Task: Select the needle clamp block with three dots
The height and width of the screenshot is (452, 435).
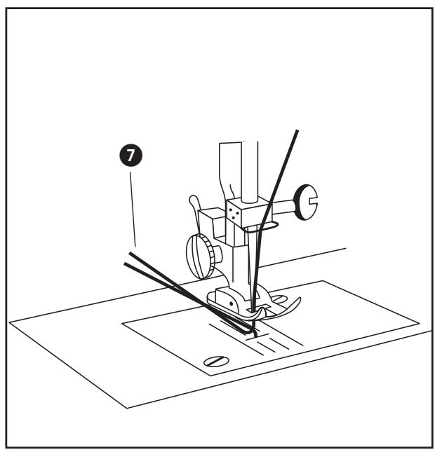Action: coord(236,210)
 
